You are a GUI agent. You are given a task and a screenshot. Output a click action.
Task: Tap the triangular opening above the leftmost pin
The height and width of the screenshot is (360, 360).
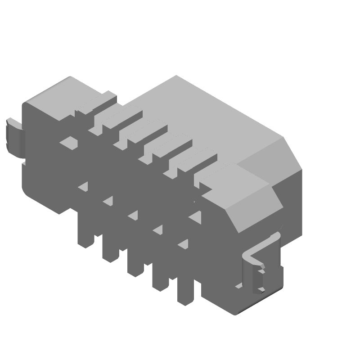(x=83, y=187)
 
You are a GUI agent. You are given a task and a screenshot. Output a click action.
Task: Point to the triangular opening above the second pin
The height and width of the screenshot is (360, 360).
(x=108, y=202)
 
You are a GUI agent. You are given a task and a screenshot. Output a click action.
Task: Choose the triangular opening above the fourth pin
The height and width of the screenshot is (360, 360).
(x=158, y=231)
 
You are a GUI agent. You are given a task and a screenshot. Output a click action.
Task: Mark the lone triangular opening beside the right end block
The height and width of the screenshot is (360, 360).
(x=195, y=217)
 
